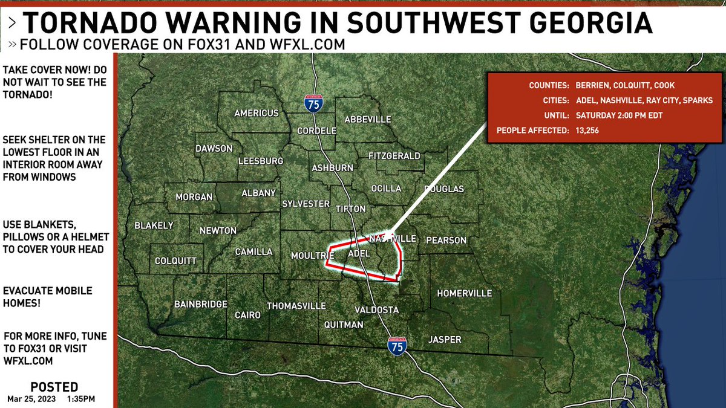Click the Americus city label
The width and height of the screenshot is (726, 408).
(x=257, y=113)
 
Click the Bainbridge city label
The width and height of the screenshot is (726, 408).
(x=200, y=304)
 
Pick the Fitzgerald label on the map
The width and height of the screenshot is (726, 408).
(x=394, y=156)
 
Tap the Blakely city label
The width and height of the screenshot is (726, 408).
(x=154, y=225)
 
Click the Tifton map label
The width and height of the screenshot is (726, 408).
(x=350, y=209)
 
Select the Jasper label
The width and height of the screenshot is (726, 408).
(x=445, y=340)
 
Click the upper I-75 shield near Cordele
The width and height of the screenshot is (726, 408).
(x=313, y=103)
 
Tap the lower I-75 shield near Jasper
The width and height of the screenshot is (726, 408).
(x=397, y=345)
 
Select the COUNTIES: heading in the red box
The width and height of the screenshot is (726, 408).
(x=548, y=86)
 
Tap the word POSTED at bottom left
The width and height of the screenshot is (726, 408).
(x=54, y=387)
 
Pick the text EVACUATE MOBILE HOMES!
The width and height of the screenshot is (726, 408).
(x=48, y=297)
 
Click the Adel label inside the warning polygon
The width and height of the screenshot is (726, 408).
(x=358, y=254)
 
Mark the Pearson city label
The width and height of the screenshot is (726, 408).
(x=446, y=240)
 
